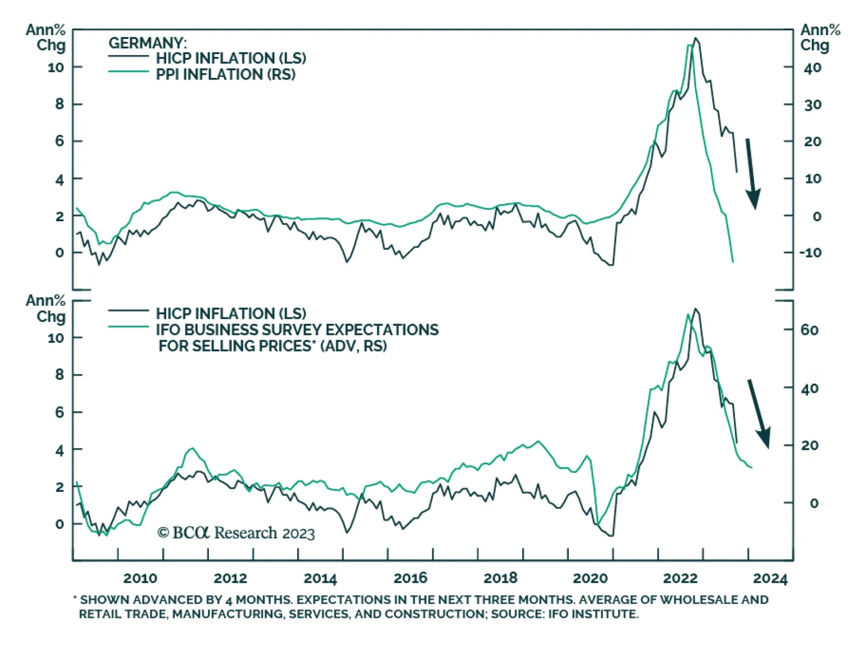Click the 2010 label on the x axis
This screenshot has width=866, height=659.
pyautogui.click(x=140, y=578)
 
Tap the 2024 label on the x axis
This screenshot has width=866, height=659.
pyautogui.click(x=770, y=578)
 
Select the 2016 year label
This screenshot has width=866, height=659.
pyautogui.click(x=410, y=578)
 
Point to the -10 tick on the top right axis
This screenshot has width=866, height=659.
pyautogui.click(x=810, y=253)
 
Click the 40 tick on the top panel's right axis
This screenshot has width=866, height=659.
pyautogui.click(x=812, y=68)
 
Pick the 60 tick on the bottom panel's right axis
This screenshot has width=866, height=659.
pyautogui.click(x=810, y=330)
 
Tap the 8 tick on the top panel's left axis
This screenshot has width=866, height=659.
pyautogui.click(x=60, y=104)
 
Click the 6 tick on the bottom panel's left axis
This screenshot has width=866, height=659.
pyautogui.click(x=60, y=412)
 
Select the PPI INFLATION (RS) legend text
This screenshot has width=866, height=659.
pyautogui.click(x=226, y=75)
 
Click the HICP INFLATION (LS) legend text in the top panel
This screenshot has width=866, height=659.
pyautogui.click(x=231, y=58)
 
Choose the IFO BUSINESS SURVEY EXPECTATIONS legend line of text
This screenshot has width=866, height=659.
pyautogui.click(x=297, y=330)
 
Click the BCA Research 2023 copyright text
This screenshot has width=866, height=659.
pyautogui.click(x=236, y=533)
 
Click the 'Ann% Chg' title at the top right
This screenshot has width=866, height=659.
pyautogui.click(x=820, y=37)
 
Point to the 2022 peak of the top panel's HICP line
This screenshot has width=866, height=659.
pyautogui.click(x=696, y=38)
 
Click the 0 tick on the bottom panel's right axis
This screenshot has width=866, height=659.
pyautogui.click(x=813, y=503)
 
